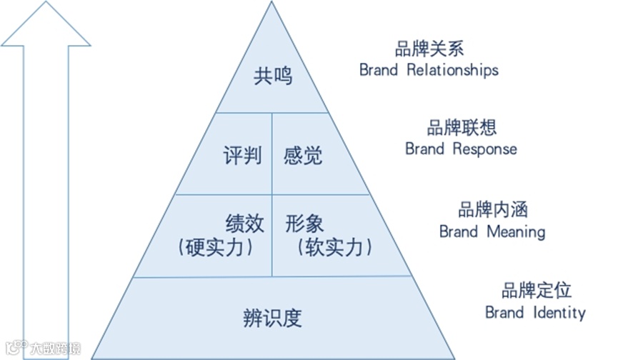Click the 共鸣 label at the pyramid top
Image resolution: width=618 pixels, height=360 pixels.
[x=272, y=76]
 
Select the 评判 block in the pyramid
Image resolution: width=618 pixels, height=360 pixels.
[x=241, y=155]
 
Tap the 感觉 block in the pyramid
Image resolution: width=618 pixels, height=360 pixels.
[x=302, y=155]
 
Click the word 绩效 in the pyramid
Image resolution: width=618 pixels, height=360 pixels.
[x=244, y=223]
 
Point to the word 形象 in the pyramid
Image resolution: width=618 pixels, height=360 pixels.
[x=304, y=223]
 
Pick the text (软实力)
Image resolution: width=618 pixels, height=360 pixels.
[x=334, y=247]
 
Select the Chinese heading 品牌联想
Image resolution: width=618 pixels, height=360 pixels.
[x=462, y=128]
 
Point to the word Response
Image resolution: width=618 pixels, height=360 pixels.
[x=485, y=149]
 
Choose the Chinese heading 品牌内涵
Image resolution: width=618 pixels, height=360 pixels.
[x=493, y=211]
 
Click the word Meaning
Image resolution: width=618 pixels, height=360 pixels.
[x=516, y=231]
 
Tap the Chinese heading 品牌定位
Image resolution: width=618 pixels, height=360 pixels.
[x=537, y=291]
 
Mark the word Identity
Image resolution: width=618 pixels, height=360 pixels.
[x=559, y=312]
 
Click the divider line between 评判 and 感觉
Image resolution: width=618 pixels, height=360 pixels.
[x=272, y=153]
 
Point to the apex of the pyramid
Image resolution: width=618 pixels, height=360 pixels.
[x=272, y=4]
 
